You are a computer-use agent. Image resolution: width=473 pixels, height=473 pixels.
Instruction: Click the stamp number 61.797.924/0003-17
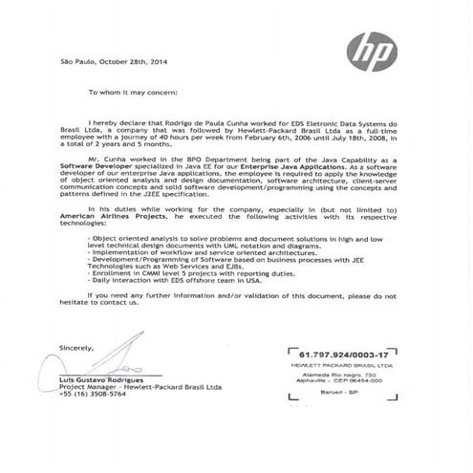[338, 354]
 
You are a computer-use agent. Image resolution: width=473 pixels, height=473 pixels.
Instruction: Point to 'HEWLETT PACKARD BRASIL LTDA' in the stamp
[338, 366]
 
